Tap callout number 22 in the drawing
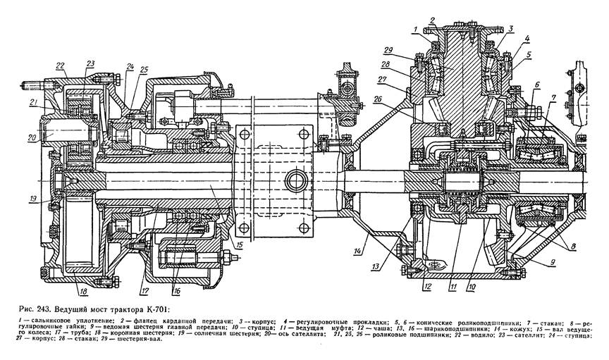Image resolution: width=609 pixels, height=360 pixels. tap(61, 66)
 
